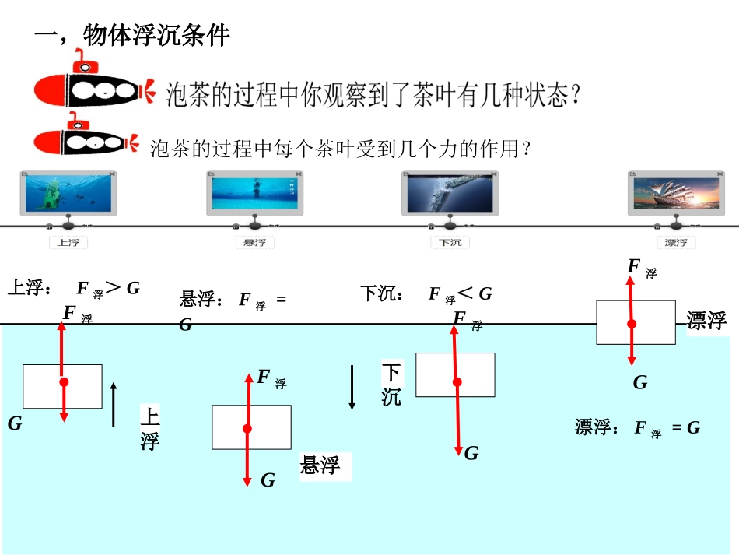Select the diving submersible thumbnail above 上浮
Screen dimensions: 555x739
pos(68,192)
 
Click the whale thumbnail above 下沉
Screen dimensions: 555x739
pos(450,192)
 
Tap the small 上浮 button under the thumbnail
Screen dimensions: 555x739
pos(68,242)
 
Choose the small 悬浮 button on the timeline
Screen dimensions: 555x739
pos(254,242)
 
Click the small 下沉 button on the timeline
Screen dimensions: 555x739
pos(450,242)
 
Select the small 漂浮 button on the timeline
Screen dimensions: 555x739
pos(676,242)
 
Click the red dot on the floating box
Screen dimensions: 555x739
pos(632,323)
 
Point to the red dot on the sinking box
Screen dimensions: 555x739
pos(457,381)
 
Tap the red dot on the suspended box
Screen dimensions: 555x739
pos(247,428)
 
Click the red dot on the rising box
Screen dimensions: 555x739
pos(64,382)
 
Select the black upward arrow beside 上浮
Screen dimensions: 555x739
pos(114,404)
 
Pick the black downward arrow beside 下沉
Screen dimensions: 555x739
pos(352,387)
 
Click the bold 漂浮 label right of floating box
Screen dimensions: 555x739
pos(706,320)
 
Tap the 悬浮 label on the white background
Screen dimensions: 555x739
pos(320,465)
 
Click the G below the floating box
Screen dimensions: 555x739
pos(639,382)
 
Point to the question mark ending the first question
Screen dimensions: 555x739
pos(576,96)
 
